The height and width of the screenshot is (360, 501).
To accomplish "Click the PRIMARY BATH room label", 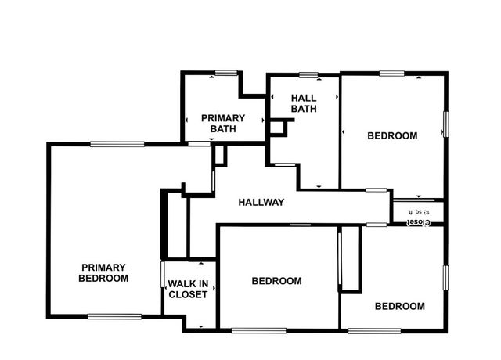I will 223,123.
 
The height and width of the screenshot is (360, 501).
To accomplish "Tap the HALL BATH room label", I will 304,103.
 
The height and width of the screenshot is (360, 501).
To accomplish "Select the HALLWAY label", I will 261,202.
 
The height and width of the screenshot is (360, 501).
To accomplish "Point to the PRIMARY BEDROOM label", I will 104,272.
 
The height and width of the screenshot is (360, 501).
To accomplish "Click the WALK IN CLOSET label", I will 188,289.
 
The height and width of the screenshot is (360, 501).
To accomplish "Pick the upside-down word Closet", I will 418,222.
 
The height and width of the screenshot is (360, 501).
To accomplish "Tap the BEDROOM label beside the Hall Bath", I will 392,135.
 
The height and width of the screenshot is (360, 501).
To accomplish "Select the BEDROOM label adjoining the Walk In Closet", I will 276,281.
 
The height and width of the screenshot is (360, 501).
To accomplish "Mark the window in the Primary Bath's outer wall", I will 226,73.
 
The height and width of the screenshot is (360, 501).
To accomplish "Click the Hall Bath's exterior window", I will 308,75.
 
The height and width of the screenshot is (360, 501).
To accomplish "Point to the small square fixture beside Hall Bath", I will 276,126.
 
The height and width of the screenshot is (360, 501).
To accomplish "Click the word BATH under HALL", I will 304,109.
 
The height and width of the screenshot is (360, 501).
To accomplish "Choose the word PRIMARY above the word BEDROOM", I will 104,267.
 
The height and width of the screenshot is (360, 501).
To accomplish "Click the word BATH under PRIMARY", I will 223,128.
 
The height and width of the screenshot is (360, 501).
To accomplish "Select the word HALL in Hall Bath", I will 304,98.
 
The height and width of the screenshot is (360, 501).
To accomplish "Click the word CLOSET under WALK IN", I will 188,295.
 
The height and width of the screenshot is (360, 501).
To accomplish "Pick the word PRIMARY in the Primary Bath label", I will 223,117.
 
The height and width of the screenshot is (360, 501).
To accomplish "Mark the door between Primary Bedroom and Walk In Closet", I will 163,275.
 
